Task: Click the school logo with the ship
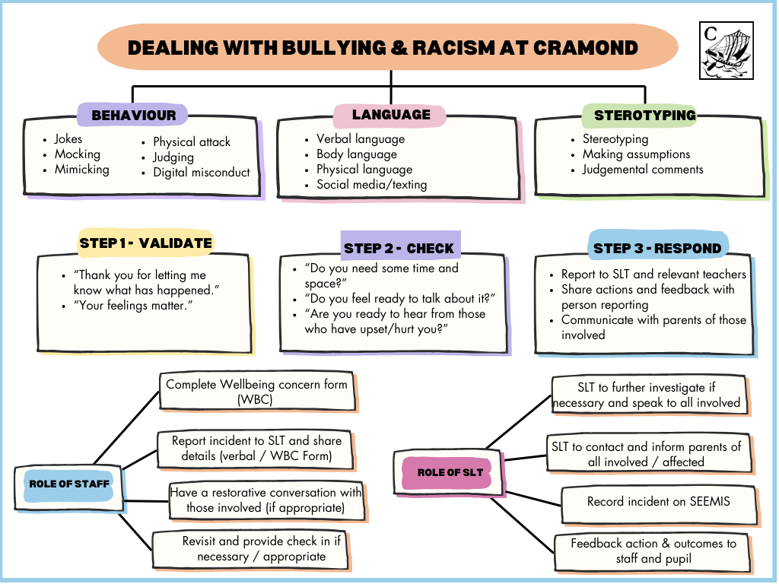726,50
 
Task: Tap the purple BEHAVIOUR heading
134,116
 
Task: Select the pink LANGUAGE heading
391,115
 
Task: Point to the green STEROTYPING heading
644,116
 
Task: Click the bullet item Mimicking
81,170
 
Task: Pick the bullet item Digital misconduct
201,173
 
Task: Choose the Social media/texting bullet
371,185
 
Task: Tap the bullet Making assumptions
636,154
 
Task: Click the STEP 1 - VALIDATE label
145,243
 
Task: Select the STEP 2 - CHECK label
399,248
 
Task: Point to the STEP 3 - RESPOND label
657,248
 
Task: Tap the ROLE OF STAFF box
69,484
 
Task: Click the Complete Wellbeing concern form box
256,392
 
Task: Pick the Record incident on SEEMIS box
658,502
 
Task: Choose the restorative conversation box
265,500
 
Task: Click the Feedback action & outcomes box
653,551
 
